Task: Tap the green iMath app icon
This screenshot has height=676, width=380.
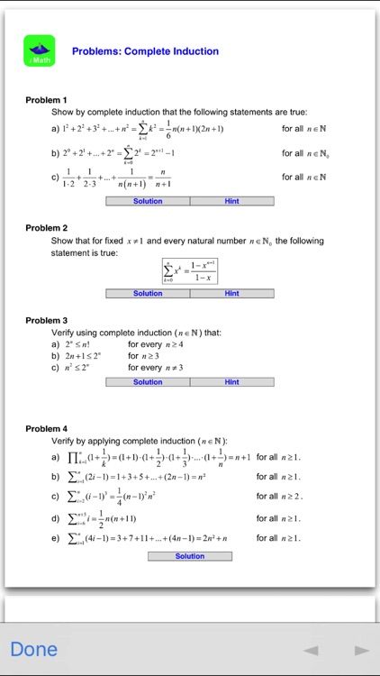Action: pos(40,50)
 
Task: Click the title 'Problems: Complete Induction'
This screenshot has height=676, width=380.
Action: pos(145,51)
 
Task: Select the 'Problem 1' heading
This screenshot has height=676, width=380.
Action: pos(47,99)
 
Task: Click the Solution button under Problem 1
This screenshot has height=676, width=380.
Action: pos(148,201)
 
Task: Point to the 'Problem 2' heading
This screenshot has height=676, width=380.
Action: pos(47,228)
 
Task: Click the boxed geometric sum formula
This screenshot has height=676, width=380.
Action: pos(189,270)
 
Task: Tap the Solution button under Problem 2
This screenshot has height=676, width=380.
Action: pos(148,293)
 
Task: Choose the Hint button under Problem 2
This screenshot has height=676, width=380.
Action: pos(231,293)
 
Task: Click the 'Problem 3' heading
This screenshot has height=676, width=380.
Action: pos(47,320)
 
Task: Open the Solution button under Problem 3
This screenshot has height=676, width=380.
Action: pos(148,382)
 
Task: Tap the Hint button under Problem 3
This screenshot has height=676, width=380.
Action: pos(231,382)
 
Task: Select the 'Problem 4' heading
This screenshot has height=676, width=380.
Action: pos(47,428)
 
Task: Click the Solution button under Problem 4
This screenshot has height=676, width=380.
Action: pos(190,556)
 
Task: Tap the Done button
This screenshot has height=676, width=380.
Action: pos(34,649)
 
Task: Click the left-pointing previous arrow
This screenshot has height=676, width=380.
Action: pos(311,650)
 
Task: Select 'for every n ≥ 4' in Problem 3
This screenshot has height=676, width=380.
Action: pos(156,343)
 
